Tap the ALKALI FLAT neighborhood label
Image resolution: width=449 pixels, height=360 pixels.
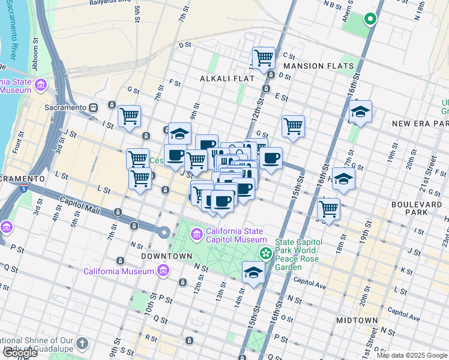pos(228,79)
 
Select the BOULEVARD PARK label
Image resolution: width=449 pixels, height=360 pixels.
pos(416,205)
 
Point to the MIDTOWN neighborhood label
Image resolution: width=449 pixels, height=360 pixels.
pos(357,320)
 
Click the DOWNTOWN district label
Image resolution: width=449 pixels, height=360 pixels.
pos(166,256)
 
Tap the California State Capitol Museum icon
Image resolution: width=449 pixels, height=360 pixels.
pos(196,233)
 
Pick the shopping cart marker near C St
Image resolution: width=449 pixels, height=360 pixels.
pos(264,58)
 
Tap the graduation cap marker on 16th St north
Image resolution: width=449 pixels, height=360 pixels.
pos(360,111)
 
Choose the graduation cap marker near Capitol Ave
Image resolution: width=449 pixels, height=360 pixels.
pos(253,272)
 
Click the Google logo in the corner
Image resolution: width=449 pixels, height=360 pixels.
pos(20,352)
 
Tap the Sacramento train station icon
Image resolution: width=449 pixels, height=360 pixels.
pos(94,107)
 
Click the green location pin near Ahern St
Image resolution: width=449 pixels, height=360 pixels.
pos(370,19)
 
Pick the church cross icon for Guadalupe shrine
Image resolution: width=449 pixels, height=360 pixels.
pos(82,344)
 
